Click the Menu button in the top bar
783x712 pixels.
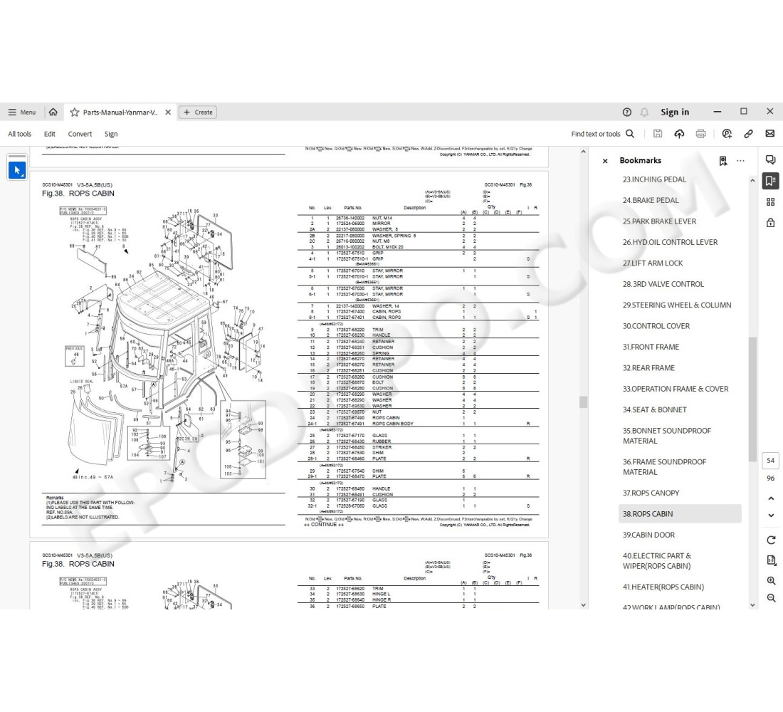coord(21,112)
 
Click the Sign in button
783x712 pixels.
coord(674,112)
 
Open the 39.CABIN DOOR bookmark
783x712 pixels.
coord(648,535)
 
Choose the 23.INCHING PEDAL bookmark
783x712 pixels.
coord(654,179)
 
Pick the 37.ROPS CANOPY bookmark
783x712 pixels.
coord(651,493)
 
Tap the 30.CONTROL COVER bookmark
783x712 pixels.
coord(656,326)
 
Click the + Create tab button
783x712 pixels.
coord(198,112)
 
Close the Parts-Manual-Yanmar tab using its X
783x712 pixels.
coord(168,112)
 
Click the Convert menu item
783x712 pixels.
coord(80,134)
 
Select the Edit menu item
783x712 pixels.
coord(50,134)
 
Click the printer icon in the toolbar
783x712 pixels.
coord(700,134)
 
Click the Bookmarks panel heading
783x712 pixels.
coord(640,161)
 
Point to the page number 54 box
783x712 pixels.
coord(770,461)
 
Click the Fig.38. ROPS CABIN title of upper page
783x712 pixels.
coord(78,194)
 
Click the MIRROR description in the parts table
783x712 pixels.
coord(381,224)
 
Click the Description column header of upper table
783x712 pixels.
coord(414,208)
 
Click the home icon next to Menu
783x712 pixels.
coord(53,112)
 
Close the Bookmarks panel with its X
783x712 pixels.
coord(605,161)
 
